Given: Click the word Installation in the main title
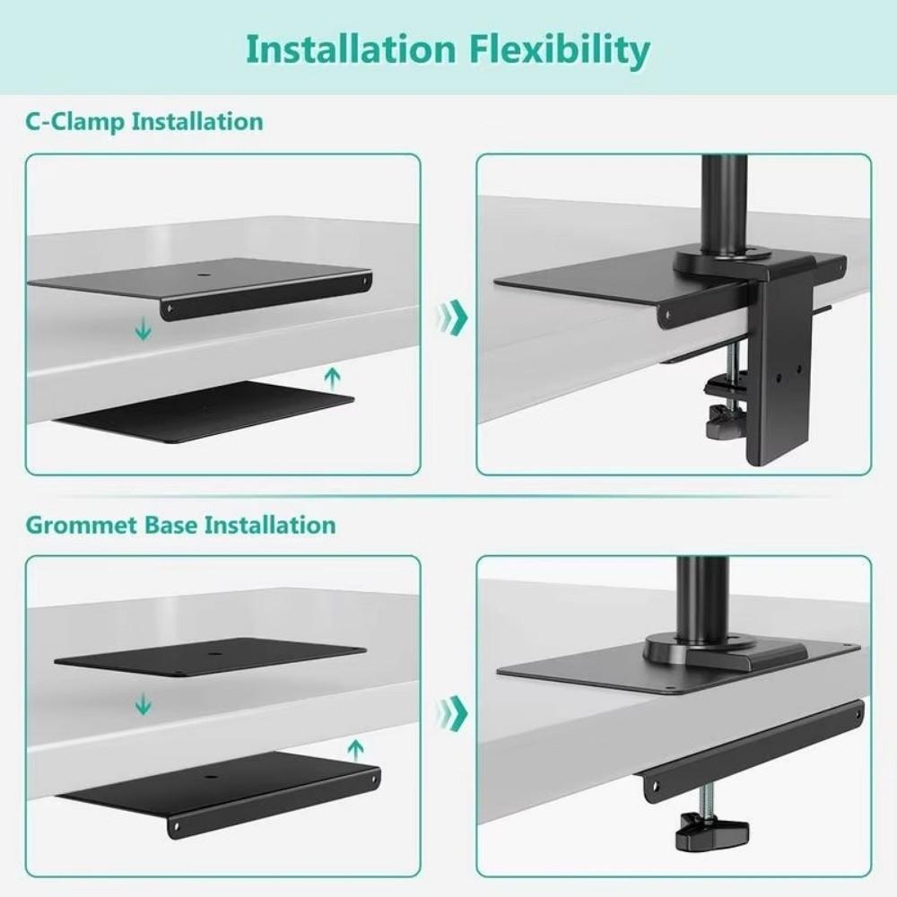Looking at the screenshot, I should click(351, 51).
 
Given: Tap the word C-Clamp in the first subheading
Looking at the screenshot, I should click(74, 121).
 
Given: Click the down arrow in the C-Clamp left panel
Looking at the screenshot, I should click(142, 331).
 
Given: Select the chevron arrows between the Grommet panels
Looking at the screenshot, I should click(453, 714).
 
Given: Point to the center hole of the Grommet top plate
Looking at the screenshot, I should click(213, 654).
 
